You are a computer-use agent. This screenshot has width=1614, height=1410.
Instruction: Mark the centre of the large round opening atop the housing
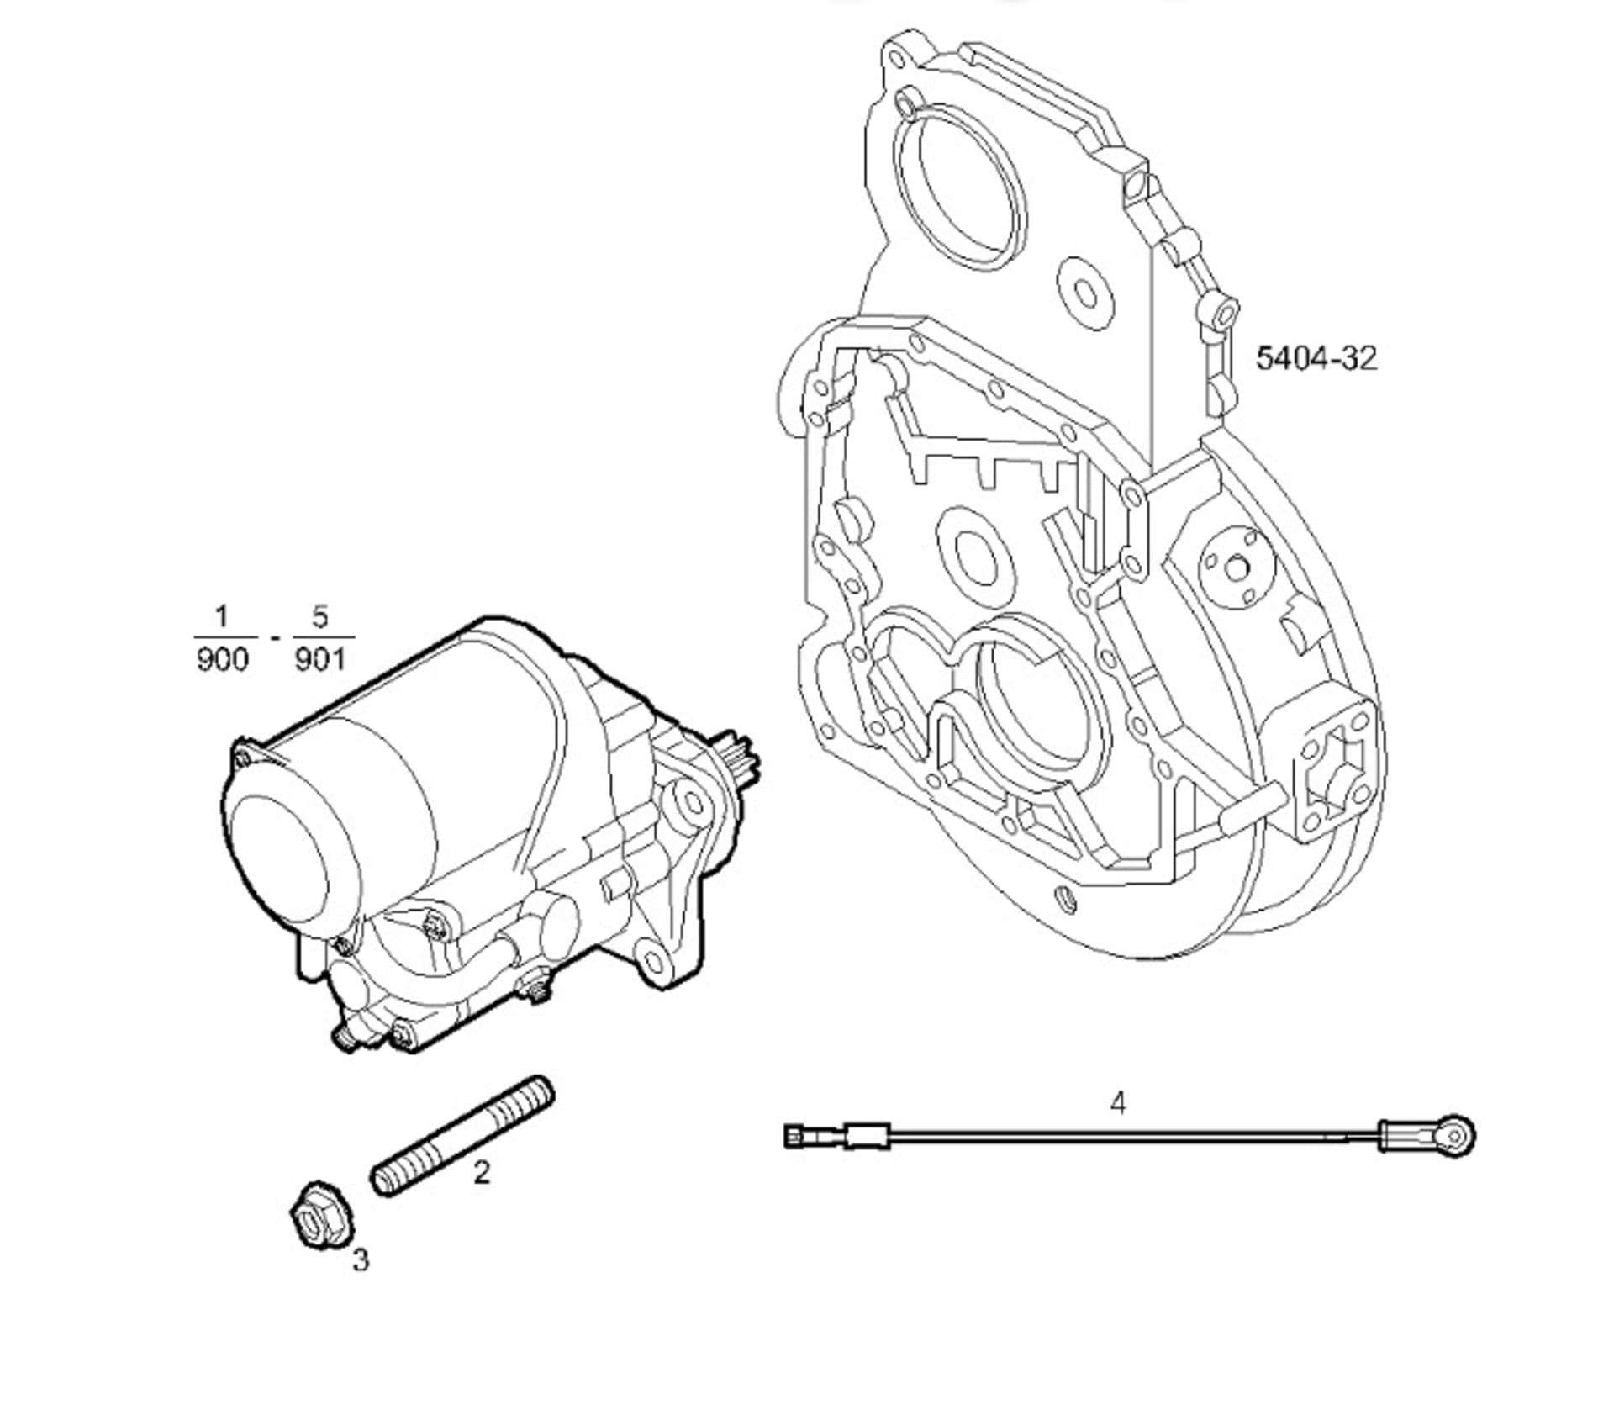961,191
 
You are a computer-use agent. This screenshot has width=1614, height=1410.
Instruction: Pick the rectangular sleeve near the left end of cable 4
867,1137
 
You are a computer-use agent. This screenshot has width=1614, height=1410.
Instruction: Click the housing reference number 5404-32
1316,359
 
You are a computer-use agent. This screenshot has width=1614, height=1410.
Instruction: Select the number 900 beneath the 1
223,659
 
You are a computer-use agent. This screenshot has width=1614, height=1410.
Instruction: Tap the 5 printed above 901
320,618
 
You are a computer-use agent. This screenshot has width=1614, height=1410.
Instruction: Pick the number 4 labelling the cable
1117,1102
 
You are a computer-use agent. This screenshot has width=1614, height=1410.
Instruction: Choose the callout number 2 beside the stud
481,1172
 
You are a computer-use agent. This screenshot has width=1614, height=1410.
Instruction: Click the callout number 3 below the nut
361,1259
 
